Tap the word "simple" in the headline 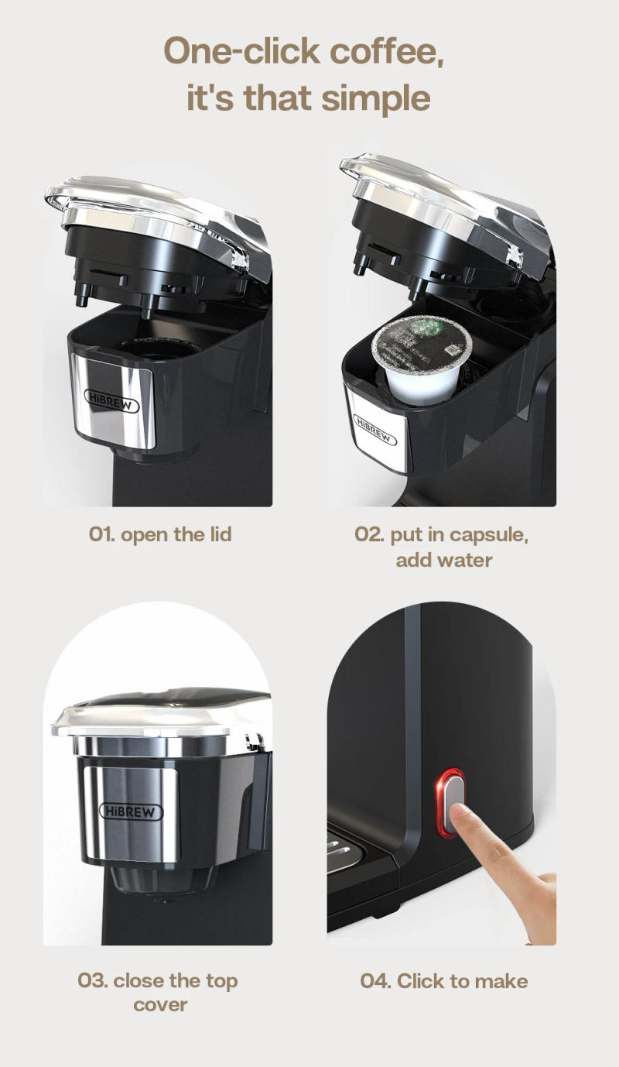[x=375, y=99]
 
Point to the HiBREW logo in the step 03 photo [x=132, y=811]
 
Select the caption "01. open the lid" [x=160, y=535]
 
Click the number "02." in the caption [x=370, y=535]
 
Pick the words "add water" [x=443, y=560]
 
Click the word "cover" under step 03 [x=160, y=1005]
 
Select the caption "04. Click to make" [x=443, y=981]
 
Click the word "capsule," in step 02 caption [x=490, y=535]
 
